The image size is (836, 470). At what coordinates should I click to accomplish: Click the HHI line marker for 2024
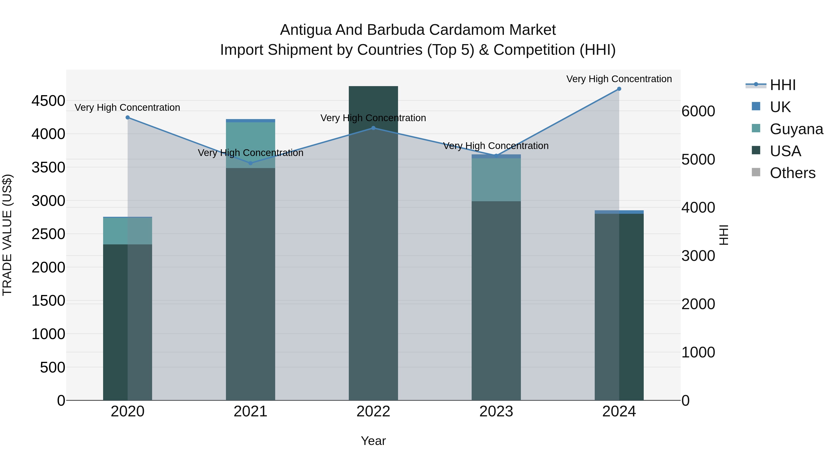pos(619,89)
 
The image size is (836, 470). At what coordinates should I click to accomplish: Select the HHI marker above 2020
pos(127,117)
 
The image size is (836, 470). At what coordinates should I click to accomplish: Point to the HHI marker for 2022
pos(373,128)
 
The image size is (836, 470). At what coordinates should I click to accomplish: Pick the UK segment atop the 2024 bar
pos(619,212)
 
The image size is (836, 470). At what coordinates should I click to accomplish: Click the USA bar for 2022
pos(373,259)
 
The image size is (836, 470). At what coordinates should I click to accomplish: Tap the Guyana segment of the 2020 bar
pos(127,231)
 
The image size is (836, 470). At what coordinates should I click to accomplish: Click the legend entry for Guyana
pos(796,129)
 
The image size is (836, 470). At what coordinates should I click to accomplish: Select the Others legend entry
pos(792,173)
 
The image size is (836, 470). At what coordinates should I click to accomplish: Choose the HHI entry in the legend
pos(782,85)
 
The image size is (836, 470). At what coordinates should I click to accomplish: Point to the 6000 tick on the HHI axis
pos(698,111)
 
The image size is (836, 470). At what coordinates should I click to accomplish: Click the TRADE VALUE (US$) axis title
pos(7,235)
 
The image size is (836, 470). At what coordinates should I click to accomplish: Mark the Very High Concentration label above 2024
pos(619,79)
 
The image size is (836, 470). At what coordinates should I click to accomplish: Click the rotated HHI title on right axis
pos(724,235)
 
